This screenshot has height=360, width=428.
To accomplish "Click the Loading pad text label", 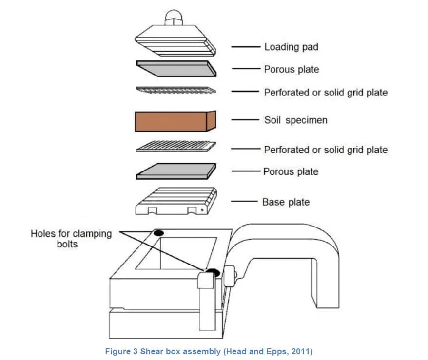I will click(x=291, y=47).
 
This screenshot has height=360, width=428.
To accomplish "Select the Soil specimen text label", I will click(x=295, y=120).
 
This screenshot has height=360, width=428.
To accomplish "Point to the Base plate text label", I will click(x=286, y=202).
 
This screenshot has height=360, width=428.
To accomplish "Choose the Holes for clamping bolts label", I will click(x=71, y=239).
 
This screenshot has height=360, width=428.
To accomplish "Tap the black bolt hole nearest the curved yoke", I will click(x=213, y=272).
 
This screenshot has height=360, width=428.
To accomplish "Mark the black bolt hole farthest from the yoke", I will click(x=158, y=233).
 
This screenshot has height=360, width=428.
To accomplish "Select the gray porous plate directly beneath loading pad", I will click(x=175, y=69).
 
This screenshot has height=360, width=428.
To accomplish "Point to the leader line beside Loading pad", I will click(x=246, y=47).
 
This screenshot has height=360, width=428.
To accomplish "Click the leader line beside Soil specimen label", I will click(x=246, y=120).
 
